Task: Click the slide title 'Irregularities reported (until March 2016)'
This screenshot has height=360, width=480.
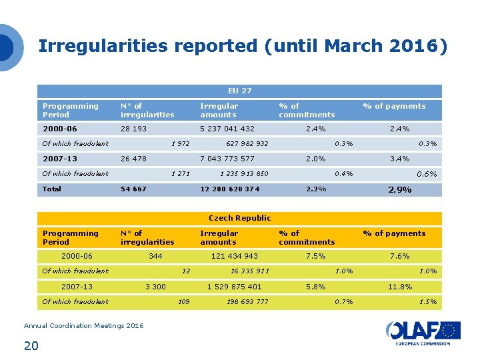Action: (x=243, y=46)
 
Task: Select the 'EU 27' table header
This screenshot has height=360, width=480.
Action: (x=239, y=91)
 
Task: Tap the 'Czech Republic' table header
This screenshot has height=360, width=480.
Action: (x=239, y=218)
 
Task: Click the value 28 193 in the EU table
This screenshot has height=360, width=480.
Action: (x=134, y=129)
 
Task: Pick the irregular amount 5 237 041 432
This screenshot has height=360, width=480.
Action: (x=227, y=129)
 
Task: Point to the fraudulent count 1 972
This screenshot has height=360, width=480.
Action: (x=181, y=143)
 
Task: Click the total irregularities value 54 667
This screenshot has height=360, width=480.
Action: (x=134, y=189)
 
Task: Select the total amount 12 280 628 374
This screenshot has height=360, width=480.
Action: (x=231, y=189)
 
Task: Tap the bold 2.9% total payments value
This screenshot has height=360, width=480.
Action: (x=399, y=190)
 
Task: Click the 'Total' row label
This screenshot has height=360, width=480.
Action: (x=52, y=189)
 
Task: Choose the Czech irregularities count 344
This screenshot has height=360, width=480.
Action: (x=155, y=256)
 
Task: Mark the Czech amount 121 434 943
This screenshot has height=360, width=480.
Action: (x=234, y=256)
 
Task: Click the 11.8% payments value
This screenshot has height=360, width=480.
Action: (x=400, y=287)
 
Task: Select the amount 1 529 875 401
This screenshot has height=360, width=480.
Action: (x=234, y=287)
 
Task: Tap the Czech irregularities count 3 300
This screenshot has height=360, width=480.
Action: (x=155, y=287)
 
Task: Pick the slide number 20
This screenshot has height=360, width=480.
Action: (x=31, y=345)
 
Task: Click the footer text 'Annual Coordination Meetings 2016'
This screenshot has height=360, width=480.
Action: (x=83, y=325)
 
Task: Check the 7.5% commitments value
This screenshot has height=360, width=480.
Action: (x=315, y=256)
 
